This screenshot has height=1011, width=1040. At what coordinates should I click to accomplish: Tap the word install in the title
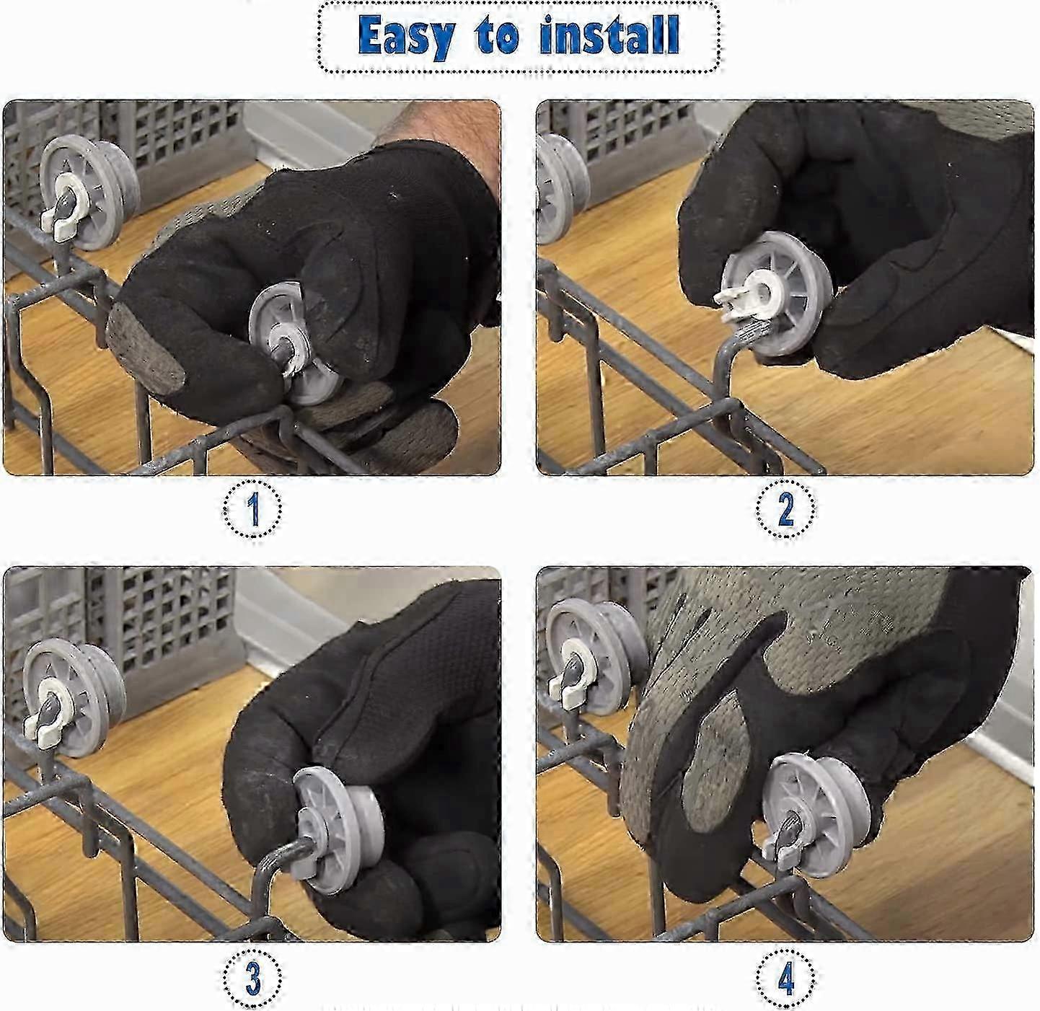[609, 35]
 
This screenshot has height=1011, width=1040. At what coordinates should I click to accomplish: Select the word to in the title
[496, 36]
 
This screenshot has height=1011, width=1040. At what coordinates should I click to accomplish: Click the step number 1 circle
[252, 508]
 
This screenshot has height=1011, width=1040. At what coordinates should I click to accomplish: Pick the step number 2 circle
[785, 508]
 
